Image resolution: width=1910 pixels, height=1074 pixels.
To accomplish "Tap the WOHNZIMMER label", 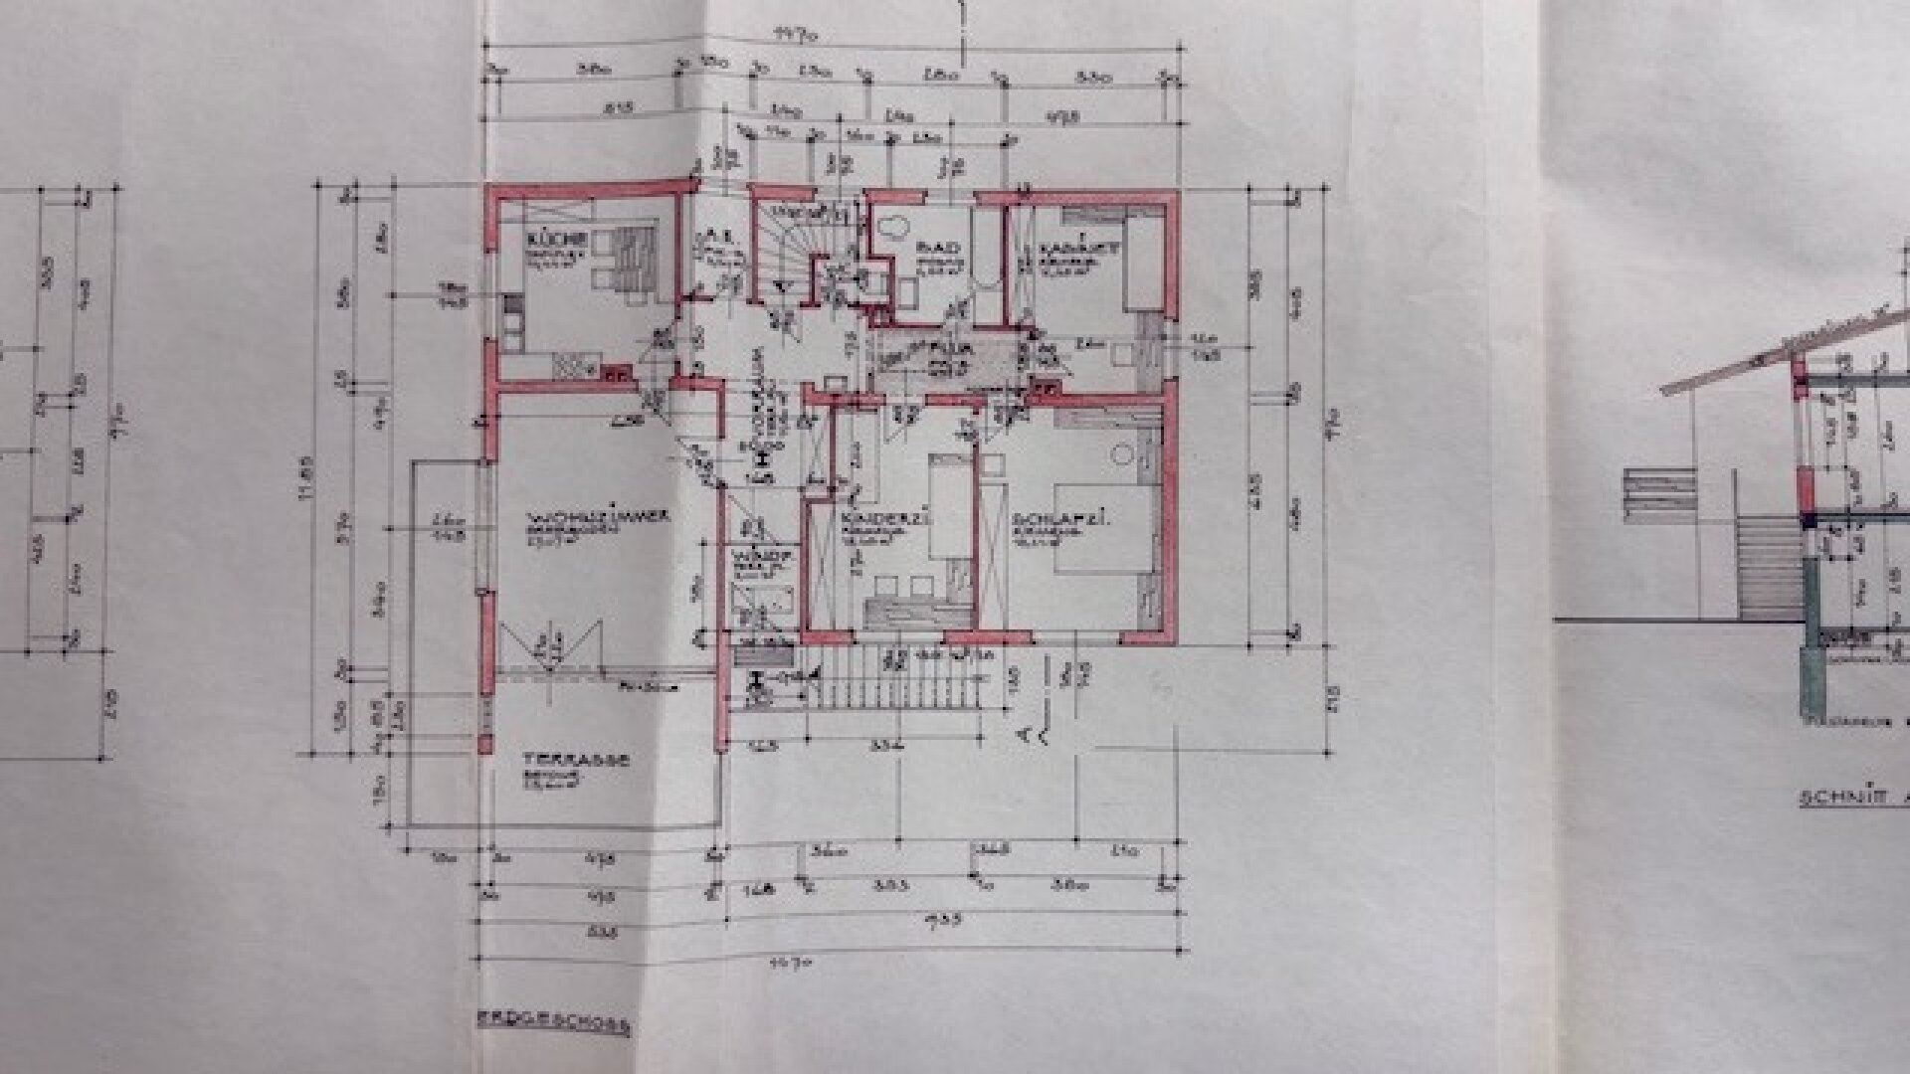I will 584,517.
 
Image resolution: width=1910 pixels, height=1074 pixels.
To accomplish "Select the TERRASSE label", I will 576,759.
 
